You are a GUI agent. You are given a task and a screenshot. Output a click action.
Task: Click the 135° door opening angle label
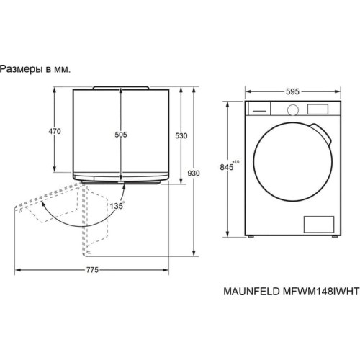pyautogui.click(x=117, y=204)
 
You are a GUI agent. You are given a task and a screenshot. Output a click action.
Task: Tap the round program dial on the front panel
pyautogui.click(x=293, y=109)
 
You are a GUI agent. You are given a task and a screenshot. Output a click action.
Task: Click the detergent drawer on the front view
pyautogui.click(x=258, y=109)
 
